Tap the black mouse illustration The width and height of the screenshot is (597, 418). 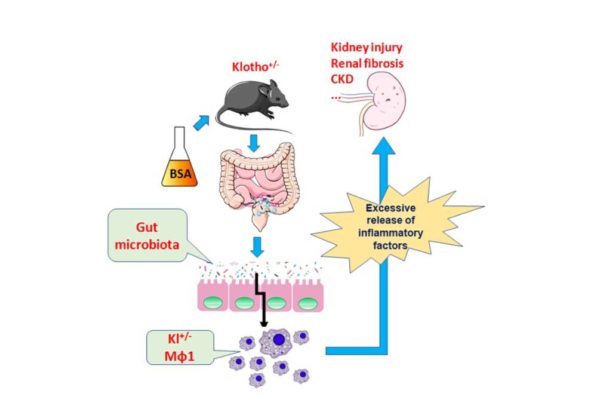[248, 105]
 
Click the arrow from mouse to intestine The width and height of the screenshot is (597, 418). [255, 143]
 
